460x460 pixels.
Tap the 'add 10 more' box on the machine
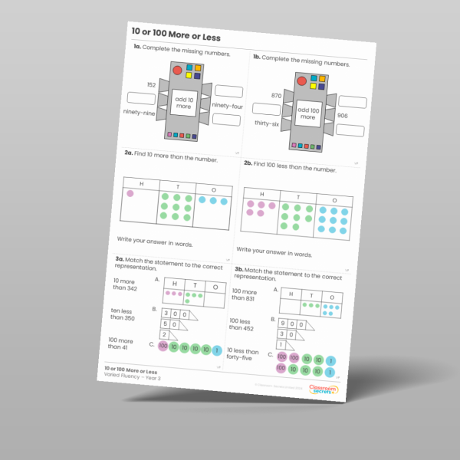(x=183, y=103)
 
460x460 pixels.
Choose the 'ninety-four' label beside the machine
(x=227, y=107)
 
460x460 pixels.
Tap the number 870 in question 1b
(x=277, y=95)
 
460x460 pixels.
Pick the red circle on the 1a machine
(x=177, y=71)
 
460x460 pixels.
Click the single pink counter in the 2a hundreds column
(x=130, y=194)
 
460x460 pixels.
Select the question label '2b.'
(x=248, y=163)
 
